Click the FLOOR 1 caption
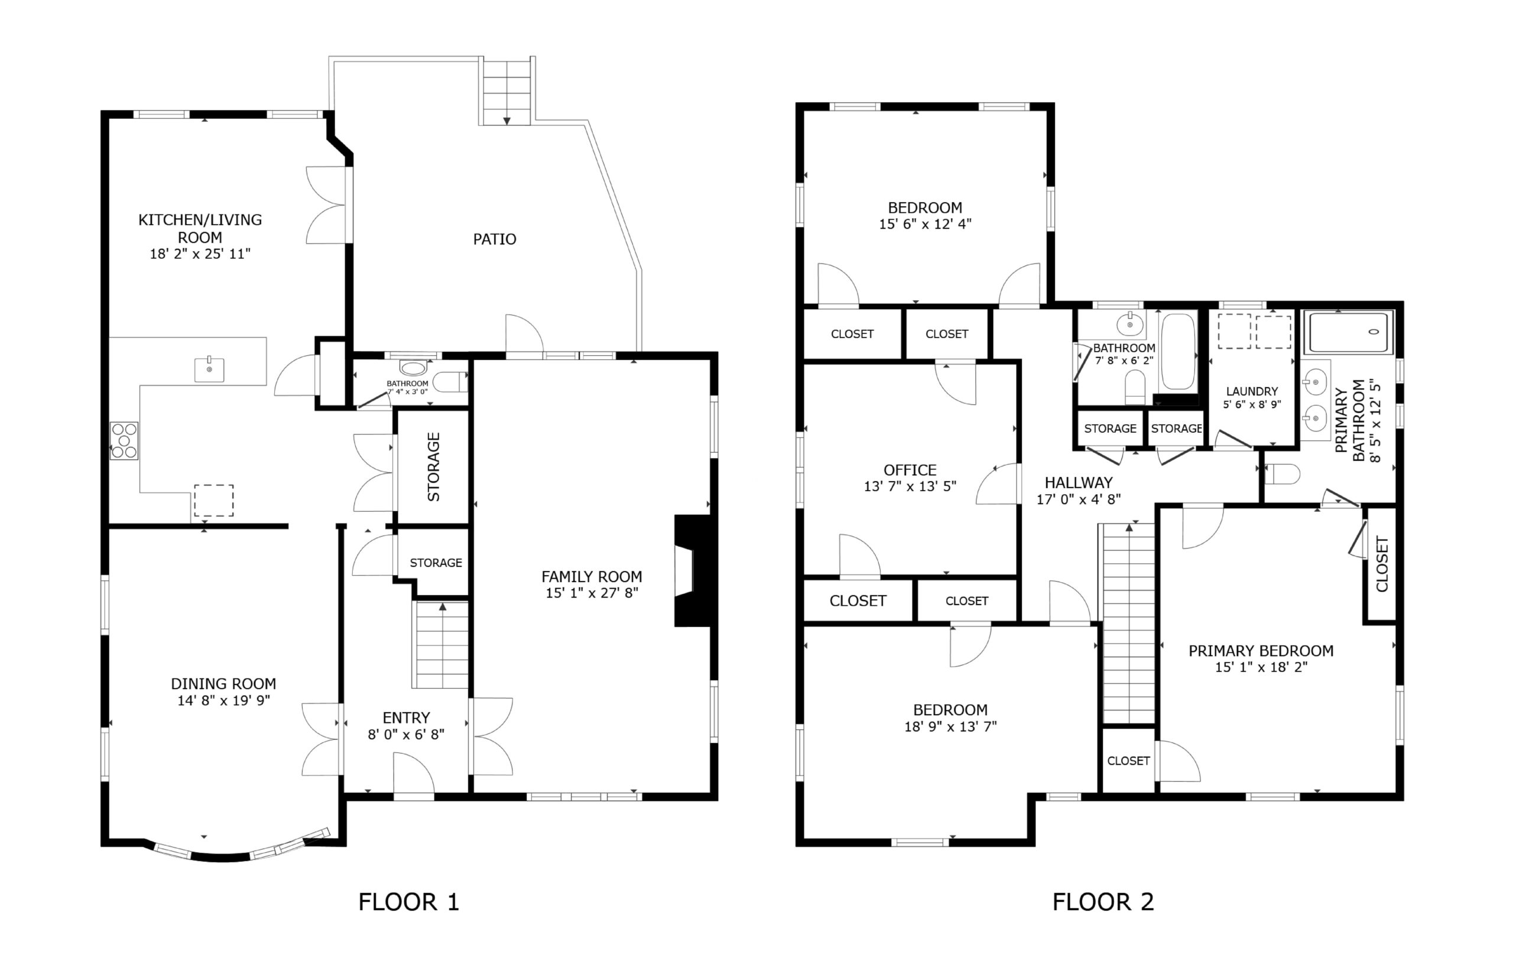coord(408,901)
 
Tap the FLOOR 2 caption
coord(1103,901)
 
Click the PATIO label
coord(495,239)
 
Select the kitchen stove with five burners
coord(124,440)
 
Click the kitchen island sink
coord(209,368)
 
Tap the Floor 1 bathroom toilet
coord(450,381)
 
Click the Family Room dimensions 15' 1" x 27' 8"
coord(592,593)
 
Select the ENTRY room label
coord(406,718)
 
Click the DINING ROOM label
coord(223,684)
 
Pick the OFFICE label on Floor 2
coord(910,470)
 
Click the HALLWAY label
coord(1079,483)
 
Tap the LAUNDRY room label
coord(1252,391)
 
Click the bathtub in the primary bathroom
coord(1349,332)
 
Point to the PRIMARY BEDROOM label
coord(1261,651)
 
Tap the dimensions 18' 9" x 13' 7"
coord(950,726)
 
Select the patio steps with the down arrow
coord(507,92)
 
